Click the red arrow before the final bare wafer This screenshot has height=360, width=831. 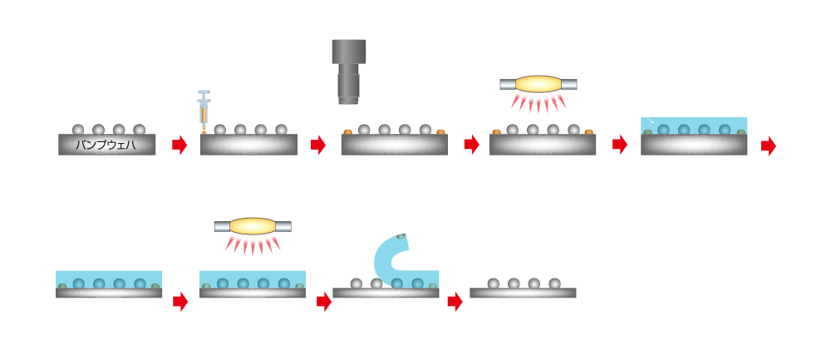point(454,302)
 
